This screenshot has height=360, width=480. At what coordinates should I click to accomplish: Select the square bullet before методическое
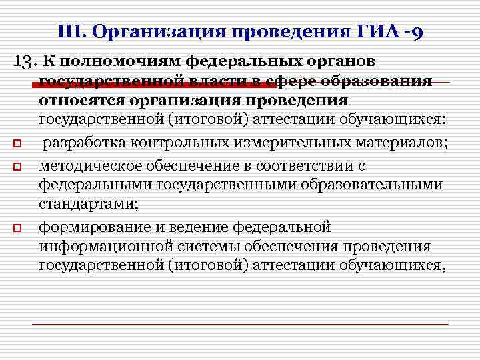coord(23,165)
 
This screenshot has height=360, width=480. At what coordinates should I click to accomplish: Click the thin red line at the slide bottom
coord(240,324)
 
